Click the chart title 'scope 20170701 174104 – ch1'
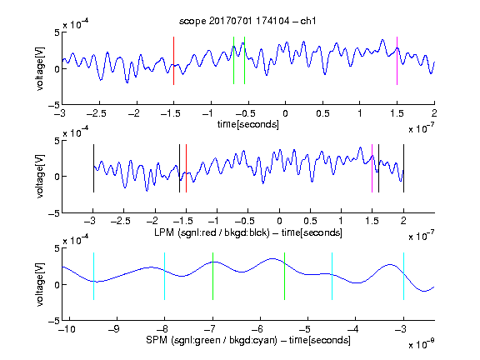[247, 21]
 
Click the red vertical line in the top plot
[173, 61]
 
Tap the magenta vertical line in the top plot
[397, 61]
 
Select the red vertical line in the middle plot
[186, 168]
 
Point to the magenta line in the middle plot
[372, 168]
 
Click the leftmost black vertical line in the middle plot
[93, 168]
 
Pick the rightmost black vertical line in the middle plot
[403, 168]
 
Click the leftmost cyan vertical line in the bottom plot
[93, 276]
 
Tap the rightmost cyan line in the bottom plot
[403, 276]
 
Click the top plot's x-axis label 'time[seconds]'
[248, 125]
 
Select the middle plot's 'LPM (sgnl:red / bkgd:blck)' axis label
[212, 232]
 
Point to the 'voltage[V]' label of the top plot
[40, 68]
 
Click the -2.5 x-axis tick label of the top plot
[97, 113]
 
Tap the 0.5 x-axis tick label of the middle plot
[310, 221]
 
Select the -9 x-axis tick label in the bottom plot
[115, 329]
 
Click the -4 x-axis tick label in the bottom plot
[353, 329]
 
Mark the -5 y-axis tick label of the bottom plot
[54, 321]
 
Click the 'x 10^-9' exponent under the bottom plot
[422, 343]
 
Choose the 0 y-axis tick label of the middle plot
[57, 177]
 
